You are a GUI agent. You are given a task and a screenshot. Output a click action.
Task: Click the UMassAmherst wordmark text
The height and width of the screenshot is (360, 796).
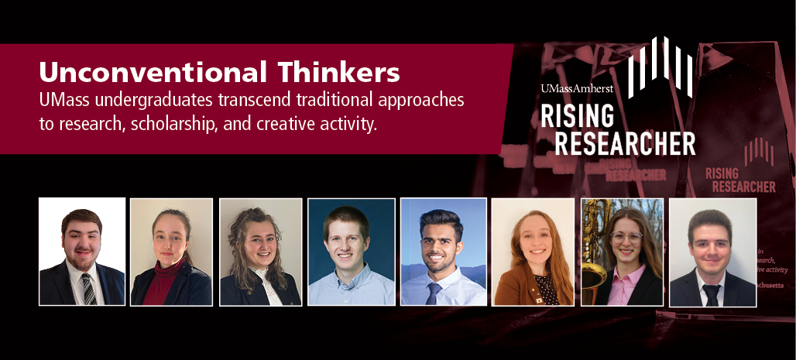(x=578, y=89)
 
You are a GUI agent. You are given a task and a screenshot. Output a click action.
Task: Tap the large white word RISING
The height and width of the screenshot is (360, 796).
(x=577, y=117)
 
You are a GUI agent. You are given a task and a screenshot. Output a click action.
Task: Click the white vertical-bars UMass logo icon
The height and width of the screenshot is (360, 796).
(x=659, y=66)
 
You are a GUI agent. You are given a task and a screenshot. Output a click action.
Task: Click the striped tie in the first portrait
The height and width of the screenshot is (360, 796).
(x=87, y=289)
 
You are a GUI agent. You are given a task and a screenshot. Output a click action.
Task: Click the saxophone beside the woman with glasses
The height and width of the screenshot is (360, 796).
(x=594, y=248)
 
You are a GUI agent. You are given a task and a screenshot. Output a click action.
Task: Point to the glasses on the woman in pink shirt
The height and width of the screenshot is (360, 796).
(x=629, y=238)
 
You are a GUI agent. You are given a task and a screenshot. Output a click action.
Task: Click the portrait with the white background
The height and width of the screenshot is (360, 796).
(x=82, y=252)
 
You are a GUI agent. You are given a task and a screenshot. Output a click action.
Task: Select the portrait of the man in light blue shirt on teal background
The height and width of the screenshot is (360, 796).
(x=352, y=252)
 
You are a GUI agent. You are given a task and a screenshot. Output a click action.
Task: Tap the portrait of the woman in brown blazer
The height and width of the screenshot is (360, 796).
(x=533, y=252)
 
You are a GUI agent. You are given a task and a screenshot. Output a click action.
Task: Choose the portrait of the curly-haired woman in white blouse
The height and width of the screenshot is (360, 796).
(x=260, y=252)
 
